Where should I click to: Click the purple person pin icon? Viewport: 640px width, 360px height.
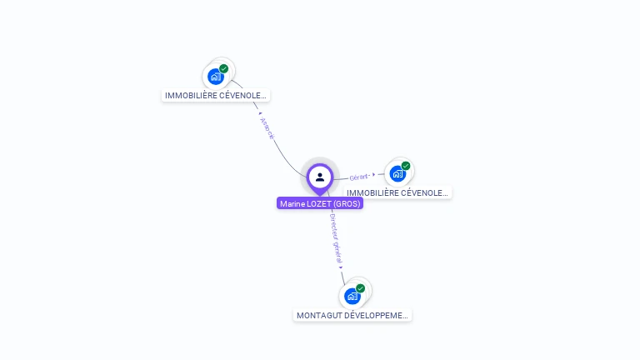pos(320,177)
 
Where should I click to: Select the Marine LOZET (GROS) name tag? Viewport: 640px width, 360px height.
pos(320,203)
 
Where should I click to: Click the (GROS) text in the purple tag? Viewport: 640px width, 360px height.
pos(347,203)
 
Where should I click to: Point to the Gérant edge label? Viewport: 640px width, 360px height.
pos(358,177)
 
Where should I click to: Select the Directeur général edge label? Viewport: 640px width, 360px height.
pos(335,238)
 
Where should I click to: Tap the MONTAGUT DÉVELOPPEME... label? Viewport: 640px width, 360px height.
pos(353,316)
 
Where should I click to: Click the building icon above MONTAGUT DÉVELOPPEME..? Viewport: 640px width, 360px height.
pos(352,296)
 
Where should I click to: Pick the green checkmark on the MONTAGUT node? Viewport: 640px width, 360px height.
pos(361,288)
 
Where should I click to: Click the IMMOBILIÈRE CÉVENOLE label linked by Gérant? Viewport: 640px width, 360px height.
pos(397,192)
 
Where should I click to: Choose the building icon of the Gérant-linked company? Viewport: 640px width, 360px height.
pos(397,173)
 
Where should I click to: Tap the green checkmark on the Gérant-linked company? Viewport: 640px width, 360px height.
pos(406,166)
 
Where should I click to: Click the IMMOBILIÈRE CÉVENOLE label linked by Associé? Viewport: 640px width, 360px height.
pos(216,96)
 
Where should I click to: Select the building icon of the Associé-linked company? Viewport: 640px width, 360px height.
pos(216,77)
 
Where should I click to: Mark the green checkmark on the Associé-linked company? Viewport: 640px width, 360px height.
pos(224,68)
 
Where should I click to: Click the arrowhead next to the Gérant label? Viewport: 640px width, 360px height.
pos(373,175)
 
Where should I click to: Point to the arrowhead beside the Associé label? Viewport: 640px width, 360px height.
pos(260,113)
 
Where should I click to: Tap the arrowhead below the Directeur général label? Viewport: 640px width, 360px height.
pos(342,267)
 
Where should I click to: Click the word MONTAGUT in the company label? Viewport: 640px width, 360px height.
pos(319,316)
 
